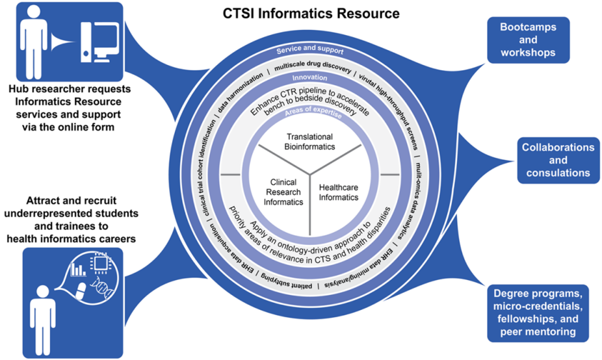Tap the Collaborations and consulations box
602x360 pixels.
(558, 160)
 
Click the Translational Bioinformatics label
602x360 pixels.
(309, 142)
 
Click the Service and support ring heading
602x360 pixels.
(309, 50)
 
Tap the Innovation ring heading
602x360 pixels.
(309, 77)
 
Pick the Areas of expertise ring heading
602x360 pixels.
(309, 114)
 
